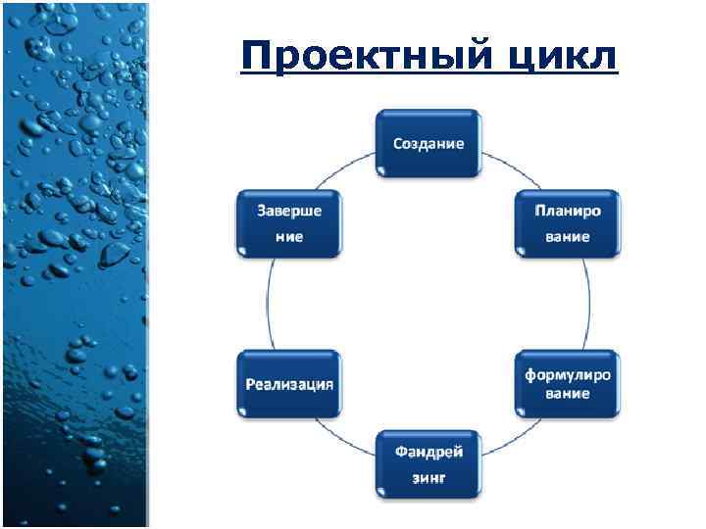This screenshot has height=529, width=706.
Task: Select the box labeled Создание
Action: pyautogui.click(x=429, y=143)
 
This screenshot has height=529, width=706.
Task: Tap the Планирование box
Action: pyautogui.click(x=568, y=223)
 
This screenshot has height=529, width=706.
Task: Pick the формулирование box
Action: pyautogui.click(x=568, y=383)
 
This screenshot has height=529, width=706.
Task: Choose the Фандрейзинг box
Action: pyautogui.click(x=429, y=463)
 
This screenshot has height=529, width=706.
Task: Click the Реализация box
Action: pyautogui.click(x=288, y=383)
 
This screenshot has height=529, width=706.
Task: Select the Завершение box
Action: pyautogui.click(x=288, y=223)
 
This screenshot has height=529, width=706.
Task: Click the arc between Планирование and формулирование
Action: pyautogui.click(x=589, y=304)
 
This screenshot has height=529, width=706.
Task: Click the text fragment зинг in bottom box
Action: pyautogui.click(x=429, y=478)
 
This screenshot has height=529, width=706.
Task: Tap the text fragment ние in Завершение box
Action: pyautogui.click(x=288, y=237)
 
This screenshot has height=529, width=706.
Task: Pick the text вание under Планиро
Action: pyautogui.click(x=568, y=237)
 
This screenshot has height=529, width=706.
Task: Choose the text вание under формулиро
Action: pyautogui.click(x=568, y=393)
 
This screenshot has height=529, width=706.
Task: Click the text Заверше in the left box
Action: pyautogui.click(x=288, y=211)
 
